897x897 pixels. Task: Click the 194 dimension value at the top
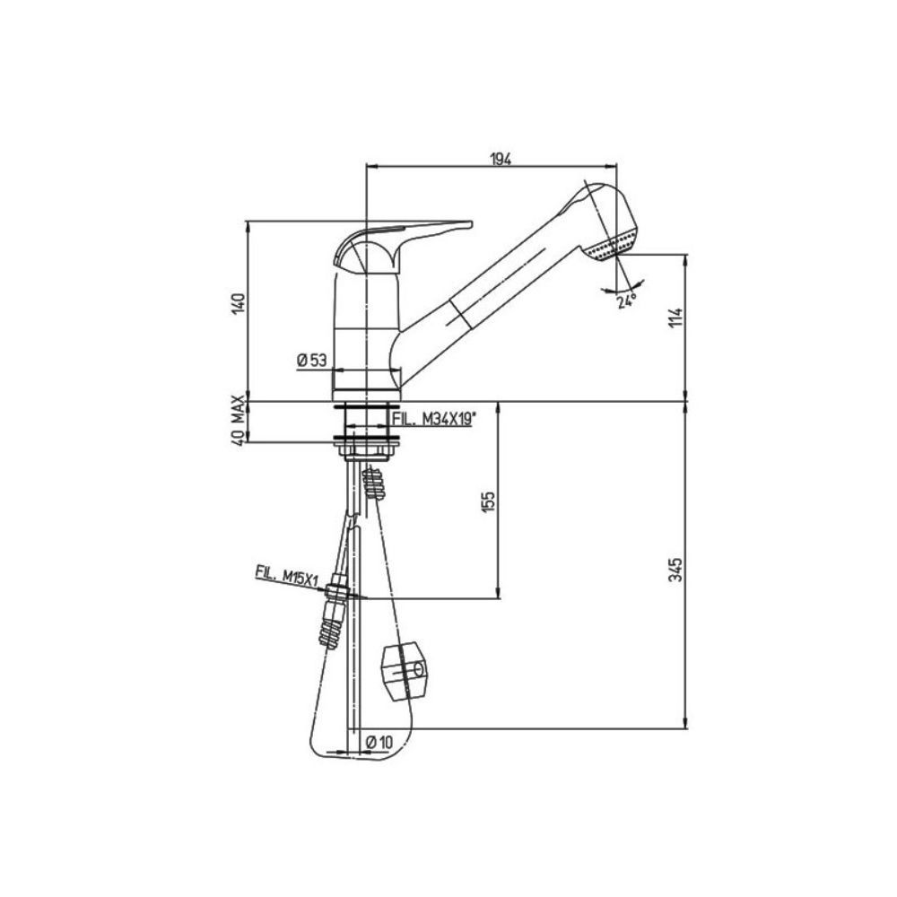500,159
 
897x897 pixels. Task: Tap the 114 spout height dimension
677,319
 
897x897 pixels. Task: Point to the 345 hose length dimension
677,569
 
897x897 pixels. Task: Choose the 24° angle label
626,301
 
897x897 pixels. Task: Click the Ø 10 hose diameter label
380,741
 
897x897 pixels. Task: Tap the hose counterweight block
405,671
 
